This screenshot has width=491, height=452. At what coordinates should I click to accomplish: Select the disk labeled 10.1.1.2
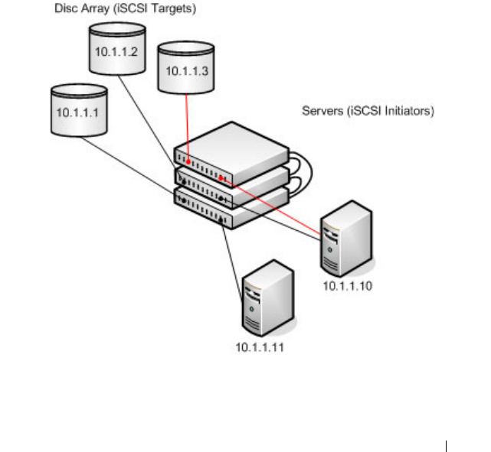click(x=115, y=50)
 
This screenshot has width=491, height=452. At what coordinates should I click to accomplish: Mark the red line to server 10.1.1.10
click(x=276, y=206)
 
